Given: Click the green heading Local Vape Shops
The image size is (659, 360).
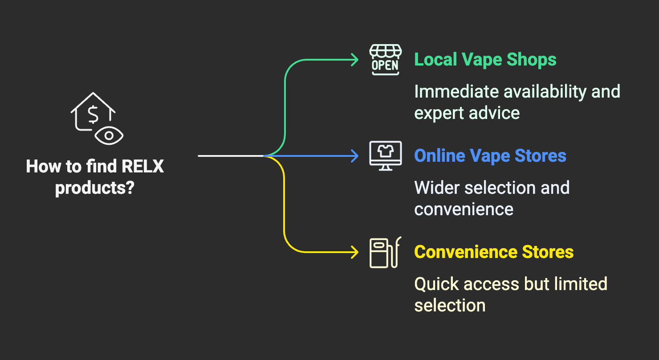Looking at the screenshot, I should (485, 60).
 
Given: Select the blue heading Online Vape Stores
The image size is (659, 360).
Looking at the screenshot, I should (490, 156).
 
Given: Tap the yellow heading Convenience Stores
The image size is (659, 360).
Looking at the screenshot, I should (494, 252).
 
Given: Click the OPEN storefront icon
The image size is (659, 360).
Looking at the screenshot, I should (385, 60).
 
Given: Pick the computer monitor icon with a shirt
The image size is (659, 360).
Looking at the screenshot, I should (386, 155).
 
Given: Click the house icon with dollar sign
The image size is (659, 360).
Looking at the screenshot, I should (93, 111).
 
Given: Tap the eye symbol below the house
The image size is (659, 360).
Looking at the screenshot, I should (109, 135).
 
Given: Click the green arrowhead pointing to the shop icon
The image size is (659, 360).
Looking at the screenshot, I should (355, 60).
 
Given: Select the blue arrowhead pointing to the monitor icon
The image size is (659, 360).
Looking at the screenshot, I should (355, 156).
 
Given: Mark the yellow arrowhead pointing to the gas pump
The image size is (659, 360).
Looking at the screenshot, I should (355, 252).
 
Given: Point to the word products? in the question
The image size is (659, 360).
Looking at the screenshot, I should (94, 188).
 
